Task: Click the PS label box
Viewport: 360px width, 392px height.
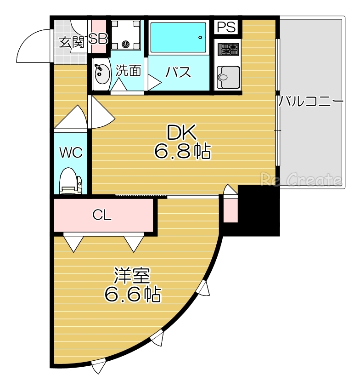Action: coord(227,27)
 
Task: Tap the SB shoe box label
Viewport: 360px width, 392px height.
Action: coord(97,40)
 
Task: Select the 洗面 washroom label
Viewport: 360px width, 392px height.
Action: coord(128,71)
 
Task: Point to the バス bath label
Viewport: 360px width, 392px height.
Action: coord(178,72)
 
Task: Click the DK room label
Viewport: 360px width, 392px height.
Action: coord(182,133)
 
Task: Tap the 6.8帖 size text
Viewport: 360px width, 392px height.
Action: coord(182,152)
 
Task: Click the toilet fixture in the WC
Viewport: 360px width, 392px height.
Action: coord(70,182)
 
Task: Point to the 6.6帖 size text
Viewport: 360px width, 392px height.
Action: coord(132,294)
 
